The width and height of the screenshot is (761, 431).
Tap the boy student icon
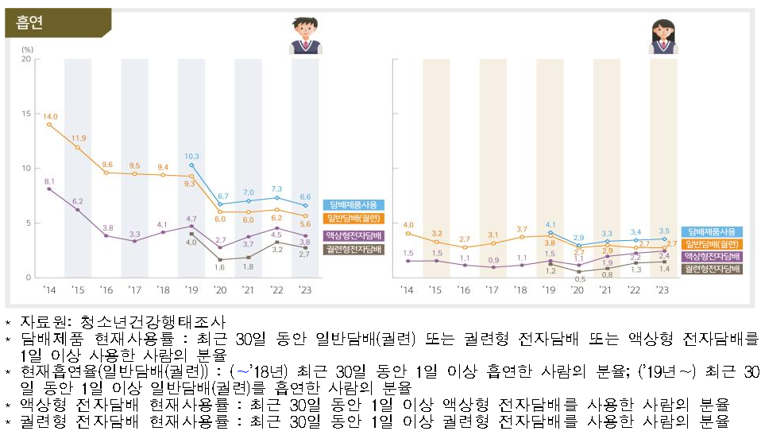tap(305, 37)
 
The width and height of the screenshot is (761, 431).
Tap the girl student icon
tap(662, 37)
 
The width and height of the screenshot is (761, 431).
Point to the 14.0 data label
tap(49, 115)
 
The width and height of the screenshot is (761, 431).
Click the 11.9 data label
tap(78, 138)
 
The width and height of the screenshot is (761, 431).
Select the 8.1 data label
tap(49, 181)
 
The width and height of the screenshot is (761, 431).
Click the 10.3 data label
tap(191, 156)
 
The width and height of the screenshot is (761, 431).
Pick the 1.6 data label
tap(219, 267)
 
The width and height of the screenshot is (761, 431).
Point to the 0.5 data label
tap(580, 279)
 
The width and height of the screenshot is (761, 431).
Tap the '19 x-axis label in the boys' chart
tap(191, 290)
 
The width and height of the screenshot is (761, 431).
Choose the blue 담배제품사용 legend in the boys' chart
tap(353, 204)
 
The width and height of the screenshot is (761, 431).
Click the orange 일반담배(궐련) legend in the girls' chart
tap(711, 243)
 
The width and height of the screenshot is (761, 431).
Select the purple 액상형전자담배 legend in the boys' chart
tap(353, 235)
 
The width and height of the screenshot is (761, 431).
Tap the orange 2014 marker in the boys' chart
tap(49, 125)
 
